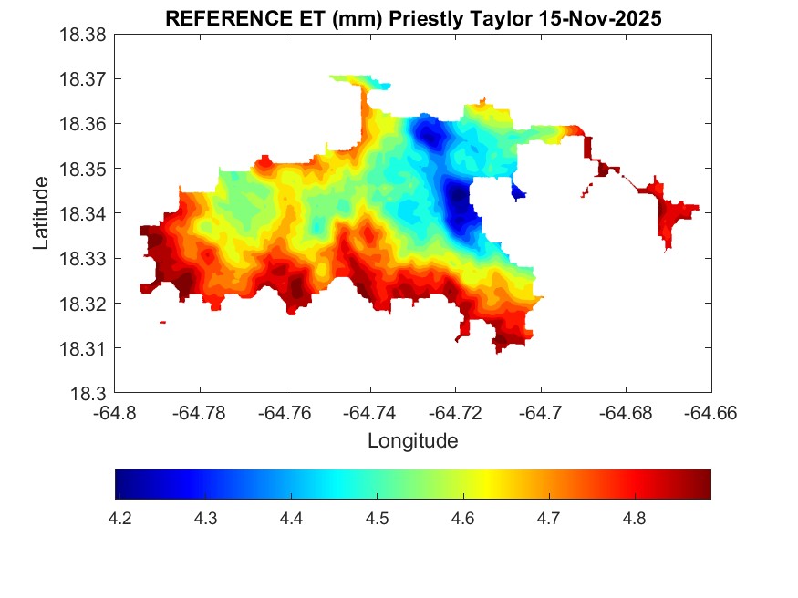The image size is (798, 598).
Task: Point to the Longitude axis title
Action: point(412,441)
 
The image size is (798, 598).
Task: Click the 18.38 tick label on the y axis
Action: point(83,35)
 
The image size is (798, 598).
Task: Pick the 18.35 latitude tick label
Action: point(83,169)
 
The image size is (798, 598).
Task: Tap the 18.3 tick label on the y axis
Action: point(88,394)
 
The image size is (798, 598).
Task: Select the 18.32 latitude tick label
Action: point(83,304)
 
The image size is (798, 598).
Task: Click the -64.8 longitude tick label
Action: point(116,412)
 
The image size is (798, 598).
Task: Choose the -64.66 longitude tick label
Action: point(711,412)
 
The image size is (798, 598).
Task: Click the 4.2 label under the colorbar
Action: point(119,519)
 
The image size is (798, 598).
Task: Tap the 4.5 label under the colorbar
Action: point(378,519)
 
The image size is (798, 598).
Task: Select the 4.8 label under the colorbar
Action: point(635,519)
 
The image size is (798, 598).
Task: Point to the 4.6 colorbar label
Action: point(463,519)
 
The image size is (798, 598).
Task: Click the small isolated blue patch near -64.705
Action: point(518,191)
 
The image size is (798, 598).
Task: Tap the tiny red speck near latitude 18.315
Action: point(162,322)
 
